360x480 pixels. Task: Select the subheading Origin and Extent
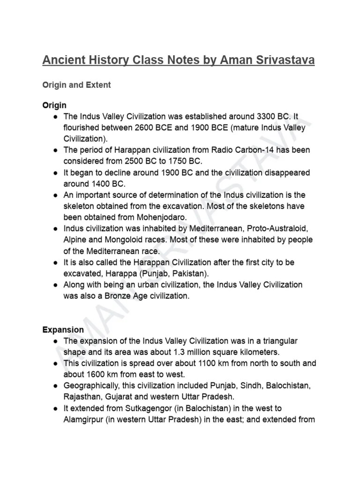tap(77, 85)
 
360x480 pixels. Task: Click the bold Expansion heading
tap(63, 330)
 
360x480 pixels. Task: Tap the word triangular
tap(277, 341)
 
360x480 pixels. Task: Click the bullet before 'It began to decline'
tap(55, 172)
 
